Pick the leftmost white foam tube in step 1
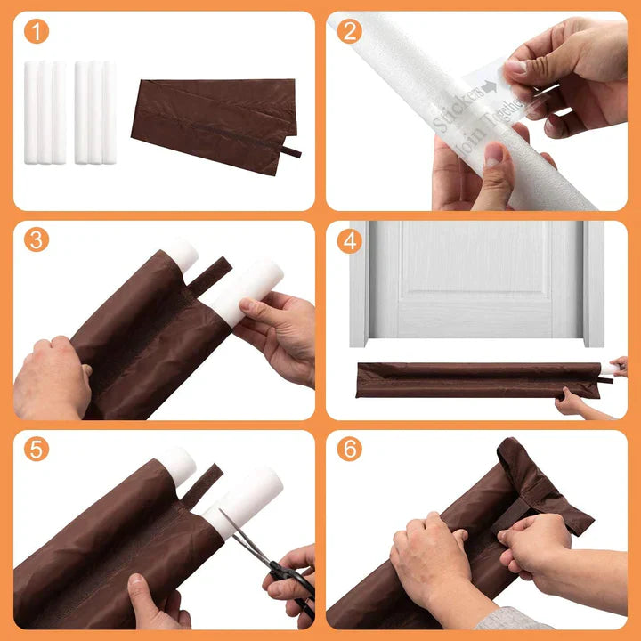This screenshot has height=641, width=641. click(31, 112)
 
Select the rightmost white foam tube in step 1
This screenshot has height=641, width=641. click(110, 112)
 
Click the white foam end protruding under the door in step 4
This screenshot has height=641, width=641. click(608, 369)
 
